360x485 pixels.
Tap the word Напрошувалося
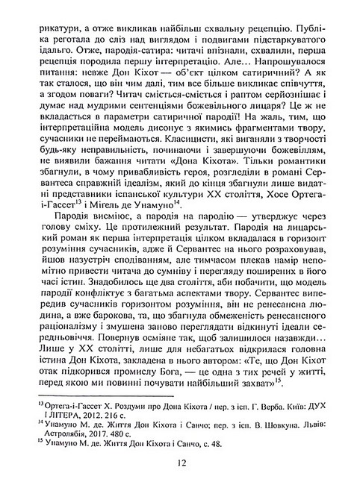pos(283,77)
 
